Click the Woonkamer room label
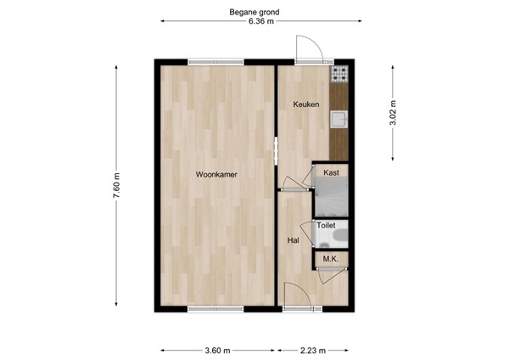pos(215,174)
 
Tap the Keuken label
pos(305,104)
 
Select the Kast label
pos(332,172)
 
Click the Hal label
pos(294,240)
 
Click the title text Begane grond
pos(255,12)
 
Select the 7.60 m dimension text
pos(117,186)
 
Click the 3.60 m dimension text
pos(218,349)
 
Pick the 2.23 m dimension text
pos(312,349)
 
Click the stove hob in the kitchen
pos(341,75)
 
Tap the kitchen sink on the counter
pos(340,119)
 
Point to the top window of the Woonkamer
pos(215,61)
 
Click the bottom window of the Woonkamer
pos(215,308)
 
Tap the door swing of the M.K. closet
pos(325,271)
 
